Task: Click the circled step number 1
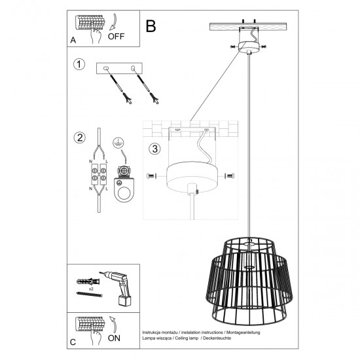click(x=79, y=65)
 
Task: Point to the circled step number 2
click(x=79, y=137)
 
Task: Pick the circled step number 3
click(x=154, y=149)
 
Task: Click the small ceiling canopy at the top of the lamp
click(x=249, y=46)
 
